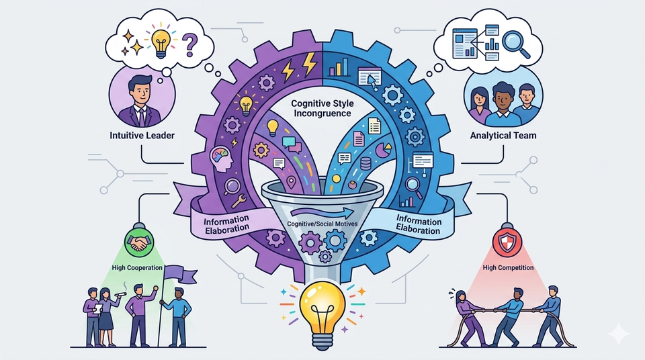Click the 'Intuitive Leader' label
(142, 136)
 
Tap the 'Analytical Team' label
(503, 136)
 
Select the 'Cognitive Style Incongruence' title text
(322, 108)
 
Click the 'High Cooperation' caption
(137, 268)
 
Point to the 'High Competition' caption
(508, 268)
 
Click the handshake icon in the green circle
(138, 243)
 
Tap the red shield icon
(507, 242)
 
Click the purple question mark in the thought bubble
(189, 45)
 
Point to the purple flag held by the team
(180, 274)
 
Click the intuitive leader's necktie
(142, 117)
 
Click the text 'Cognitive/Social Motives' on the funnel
(322, 224)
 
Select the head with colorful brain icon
(221, 159)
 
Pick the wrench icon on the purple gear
(239, 200)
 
